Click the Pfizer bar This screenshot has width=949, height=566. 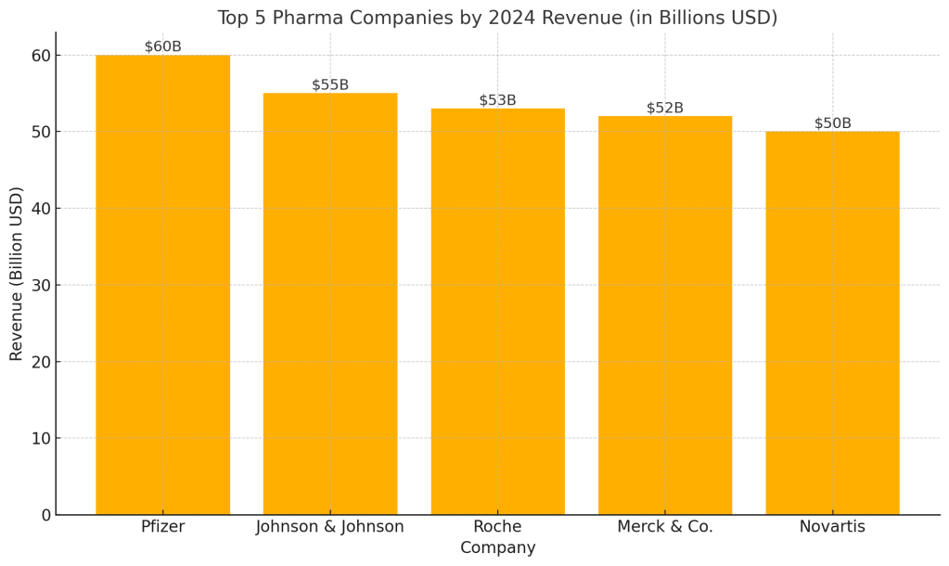coord(162,284)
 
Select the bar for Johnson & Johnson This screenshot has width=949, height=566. coord(330,303)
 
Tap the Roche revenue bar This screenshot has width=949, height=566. coord(497,311)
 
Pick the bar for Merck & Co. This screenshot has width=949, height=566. coord(665,315)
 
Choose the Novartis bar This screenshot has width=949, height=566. coord(832,323)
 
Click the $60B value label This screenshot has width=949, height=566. coord(162,46)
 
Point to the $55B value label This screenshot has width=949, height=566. coord(330,84)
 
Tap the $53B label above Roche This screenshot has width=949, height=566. coord(497,100)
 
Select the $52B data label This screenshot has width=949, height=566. coord(665,108)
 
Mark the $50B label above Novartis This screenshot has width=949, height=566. coord(832,123)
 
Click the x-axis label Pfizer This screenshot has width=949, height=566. coord(162,527)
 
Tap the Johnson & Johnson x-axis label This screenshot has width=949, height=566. coord(330,527)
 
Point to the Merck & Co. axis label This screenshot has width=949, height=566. coord(665,527)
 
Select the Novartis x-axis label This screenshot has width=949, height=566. coord(832,527)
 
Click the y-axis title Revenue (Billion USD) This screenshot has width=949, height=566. coord(17,273)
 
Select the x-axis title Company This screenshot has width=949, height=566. coord(497,548)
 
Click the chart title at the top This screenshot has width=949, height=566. coord(497,18)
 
